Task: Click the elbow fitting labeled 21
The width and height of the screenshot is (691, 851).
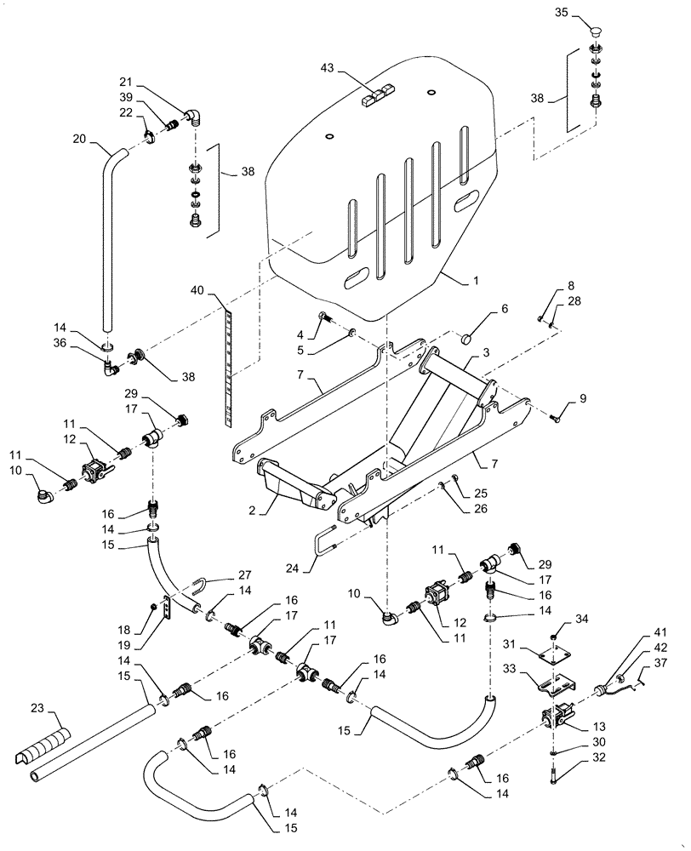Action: click(x=193, y=117)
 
